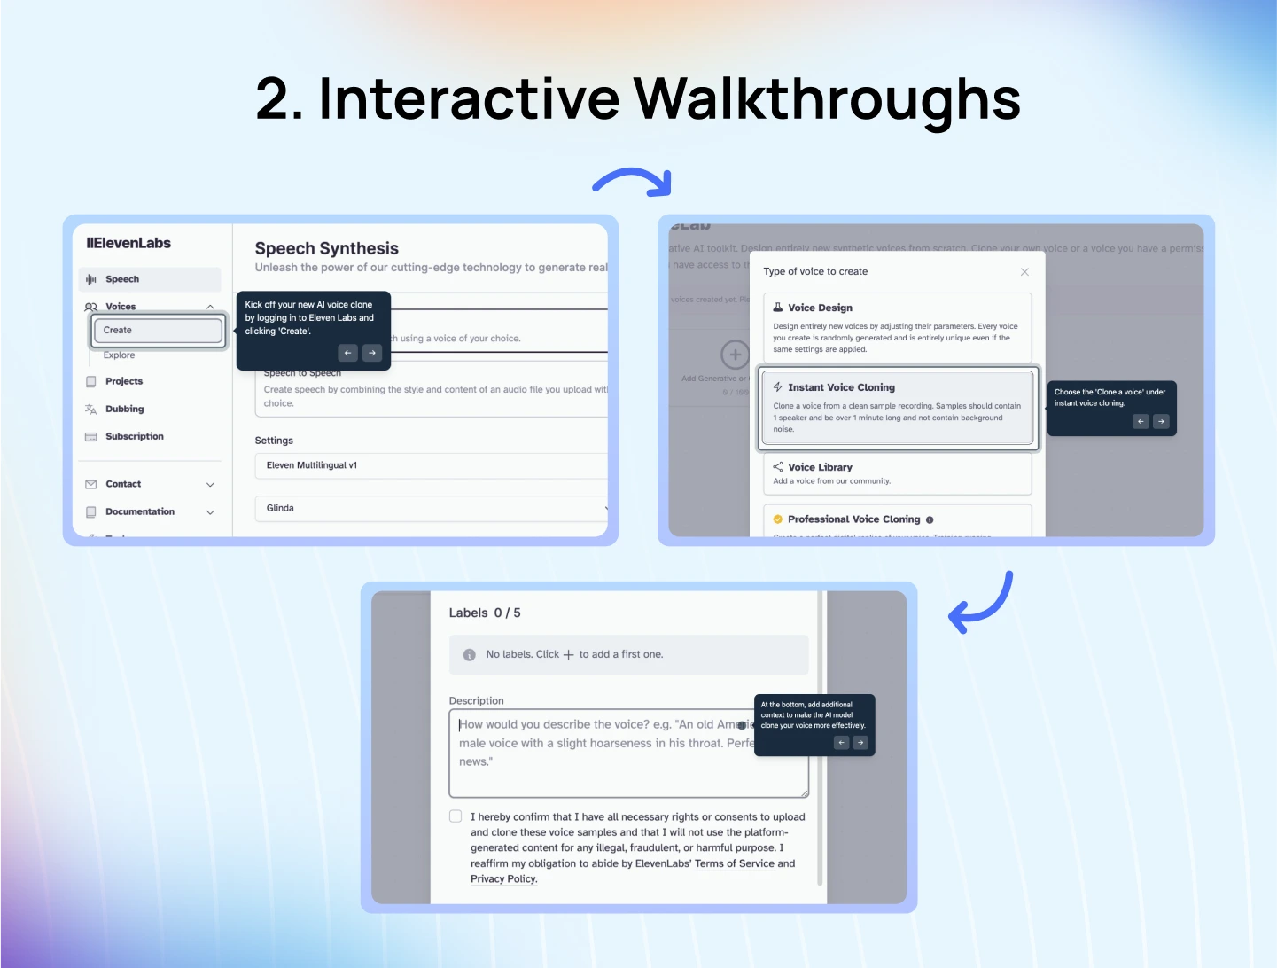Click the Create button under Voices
tap(158, 331)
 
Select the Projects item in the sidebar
tap(123, 381)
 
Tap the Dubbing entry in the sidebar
tap(124, 410)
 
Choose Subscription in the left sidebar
tap(134, 437)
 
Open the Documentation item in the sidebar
tap(140, 512)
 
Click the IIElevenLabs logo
tap(128, 244)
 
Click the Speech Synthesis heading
tap(326, 249)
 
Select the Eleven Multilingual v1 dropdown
tap(431, 465)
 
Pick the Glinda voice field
tap(431, 509)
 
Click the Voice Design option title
tap(820, 308)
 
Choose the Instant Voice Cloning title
tap(841, 388)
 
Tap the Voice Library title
tap(820, 468)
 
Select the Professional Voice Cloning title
tap(853, 520)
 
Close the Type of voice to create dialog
tap(1024, 272)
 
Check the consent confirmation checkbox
tap(456, 816)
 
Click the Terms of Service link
tap(734, 864)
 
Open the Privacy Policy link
tap(503, 879)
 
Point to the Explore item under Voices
tap(119, 355)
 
